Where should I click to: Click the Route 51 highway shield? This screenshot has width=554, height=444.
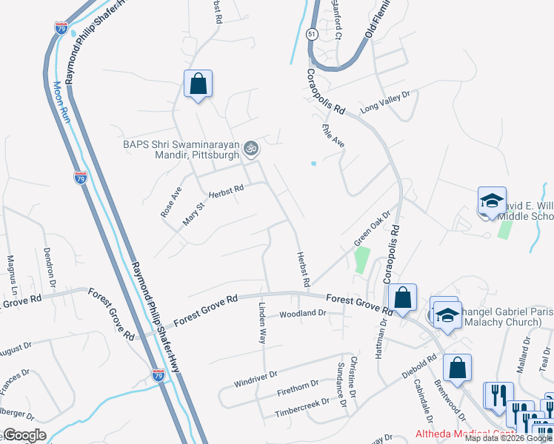pos(311,33)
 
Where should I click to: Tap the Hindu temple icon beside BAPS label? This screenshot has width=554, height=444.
pos(250,148)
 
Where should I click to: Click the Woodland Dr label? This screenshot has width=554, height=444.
pos(302,314)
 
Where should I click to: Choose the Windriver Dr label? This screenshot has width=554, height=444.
pos(255,380)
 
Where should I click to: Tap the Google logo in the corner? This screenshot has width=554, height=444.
pos(24,435)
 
